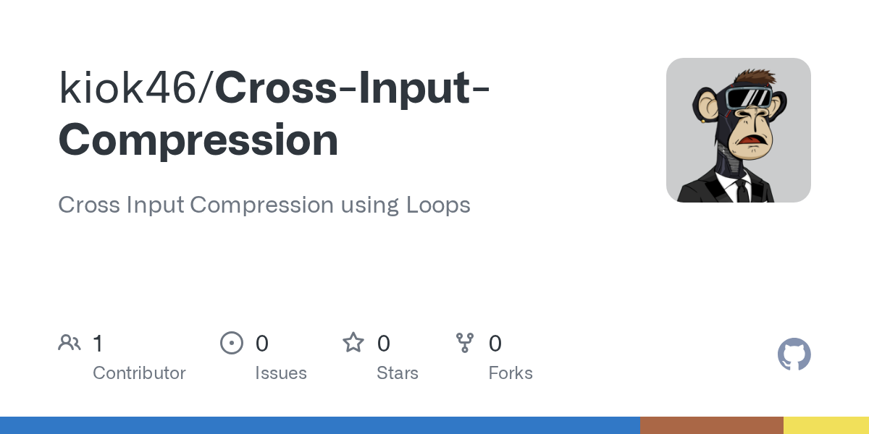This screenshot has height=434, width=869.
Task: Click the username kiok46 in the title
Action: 127,88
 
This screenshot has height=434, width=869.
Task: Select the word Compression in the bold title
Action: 198,140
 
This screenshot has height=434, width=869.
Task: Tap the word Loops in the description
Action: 438,205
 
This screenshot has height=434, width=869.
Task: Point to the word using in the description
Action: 370,205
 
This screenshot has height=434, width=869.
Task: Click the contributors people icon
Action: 70,343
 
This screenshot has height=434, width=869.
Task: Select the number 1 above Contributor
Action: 98,344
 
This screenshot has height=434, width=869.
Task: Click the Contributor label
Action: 139,373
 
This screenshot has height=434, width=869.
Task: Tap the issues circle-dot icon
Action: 232,343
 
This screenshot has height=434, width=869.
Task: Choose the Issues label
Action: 281,373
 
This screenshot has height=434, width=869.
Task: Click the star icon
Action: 353,343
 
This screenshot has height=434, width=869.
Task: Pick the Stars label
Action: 398,373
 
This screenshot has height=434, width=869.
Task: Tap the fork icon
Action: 465,343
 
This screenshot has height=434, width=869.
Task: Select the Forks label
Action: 511,373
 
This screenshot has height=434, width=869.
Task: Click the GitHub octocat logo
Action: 794,354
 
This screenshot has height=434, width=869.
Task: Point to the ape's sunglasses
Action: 748,98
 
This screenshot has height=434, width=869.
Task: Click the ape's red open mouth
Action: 751,140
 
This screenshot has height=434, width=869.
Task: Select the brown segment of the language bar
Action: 711,425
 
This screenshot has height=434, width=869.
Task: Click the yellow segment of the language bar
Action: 826,425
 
